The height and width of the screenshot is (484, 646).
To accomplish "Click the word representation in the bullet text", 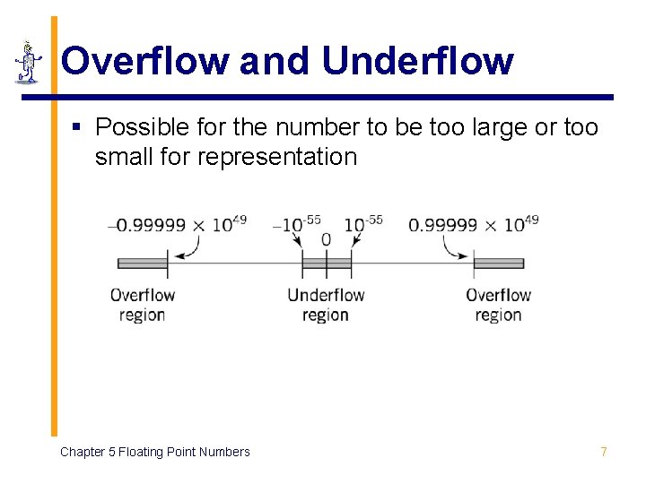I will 276,157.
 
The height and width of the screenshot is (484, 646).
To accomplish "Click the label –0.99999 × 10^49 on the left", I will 177,223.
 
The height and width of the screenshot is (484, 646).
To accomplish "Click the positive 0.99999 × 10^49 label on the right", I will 473,223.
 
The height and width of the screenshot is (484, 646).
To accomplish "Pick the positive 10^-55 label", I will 363,223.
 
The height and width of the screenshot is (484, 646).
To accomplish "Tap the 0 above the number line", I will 326,240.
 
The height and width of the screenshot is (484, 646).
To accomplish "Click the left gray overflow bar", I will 143,264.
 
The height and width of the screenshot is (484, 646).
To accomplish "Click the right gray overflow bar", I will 498,264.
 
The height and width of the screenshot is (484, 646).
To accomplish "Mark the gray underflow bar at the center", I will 326,264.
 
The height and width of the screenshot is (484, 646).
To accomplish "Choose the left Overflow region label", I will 142,305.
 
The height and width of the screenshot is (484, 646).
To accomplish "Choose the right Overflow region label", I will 498,305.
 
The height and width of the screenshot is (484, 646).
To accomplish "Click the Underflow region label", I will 326,305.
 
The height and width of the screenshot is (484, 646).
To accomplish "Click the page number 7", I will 603,452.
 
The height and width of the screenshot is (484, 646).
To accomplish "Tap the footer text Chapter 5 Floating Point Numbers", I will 154,452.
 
